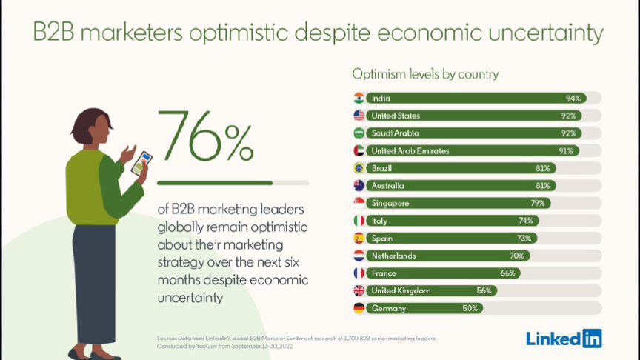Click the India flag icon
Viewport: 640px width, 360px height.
click(359, 99)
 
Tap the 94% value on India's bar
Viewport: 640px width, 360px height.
click(573, 99)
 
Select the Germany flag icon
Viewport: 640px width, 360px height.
click(359, 308)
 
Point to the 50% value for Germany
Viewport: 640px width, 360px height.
click(470, 308)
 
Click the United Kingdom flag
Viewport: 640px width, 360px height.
click(359, 290)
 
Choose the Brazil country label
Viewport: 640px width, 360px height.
click(381, 168)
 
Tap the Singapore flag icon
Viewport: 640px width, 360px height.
click(359, 203)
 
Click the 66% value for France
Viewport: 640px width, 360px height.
click(507, 273)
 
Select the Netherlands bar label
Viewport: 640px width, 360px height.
click(393, 256)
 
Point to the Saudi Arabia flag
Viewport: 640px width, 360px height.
click(359, 133)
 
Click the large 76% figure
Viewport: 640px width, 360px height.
click(205, 136)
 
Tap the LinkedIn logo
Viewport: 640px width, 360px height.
click(564, 339)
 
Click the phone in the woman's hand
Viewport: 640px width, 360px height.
click(141, 163)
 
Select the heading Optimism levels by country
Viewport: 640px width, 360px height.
click(425, 74)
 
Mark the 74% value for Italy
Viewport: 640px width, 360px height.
click(526, 221)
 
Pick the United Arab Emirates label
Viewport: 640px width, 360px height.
click(410, 151)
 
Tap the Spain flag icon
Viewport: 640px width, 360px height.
click(359, 238)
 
